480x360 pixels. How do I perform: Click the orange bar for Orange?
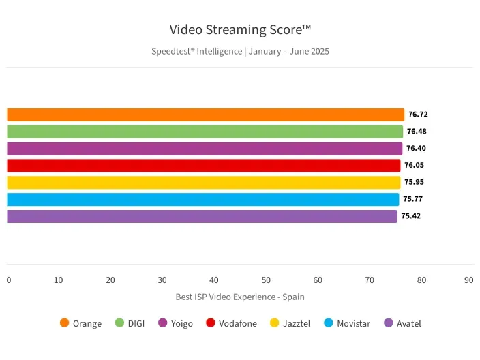pyautogui.click(x=205, y=115)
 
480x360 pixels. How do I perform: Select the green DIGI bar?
pyautogui.click(x=205, y=132)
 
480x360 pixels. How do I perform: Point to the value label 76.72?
pyautogui.click(x=418, y=115)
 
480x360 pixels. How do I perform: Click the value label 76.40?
pyautogui.click(x=416, y=148)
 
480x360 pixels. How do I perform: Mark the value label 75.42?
pyautogui.click(x=410, y=216)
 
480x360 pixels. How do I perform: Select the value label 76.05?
pyautogui.click(x=414, y=165)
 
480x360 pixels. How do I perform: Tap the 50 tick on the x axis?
pyautogui.click(x=266, y=280)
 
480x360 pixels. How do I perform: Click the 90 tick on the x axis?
pyautogui.click(x=468, y=280)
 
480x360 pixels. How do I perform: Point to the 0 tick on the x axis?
pyautogui.click(x=9, y=280)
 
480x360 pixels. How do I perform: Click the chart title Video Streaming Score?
pyautogui.click(x=240, y=29)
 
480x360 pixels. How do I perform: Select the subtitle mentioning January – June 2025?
pyautogui.click(x=240, y=51)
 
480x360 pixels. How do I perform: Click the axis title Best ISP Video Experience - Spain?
pyautogui.click(x=240, y=297)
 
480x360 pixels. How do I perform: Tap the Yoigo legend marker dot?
pyautogui.click(x=162, y=323)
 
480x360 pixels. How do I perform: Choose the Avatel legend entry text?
pyautogui.click(x=409, y=323)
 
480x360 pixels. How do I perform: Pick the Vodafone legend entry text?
pyautogui.click(x=238, y=323)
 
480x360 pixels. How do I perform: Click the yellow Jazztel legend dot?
pyautogui.click(x=275, y=323)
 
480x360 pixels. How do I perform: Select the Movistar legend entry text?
pyautogui.click(x=353, y=323)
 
